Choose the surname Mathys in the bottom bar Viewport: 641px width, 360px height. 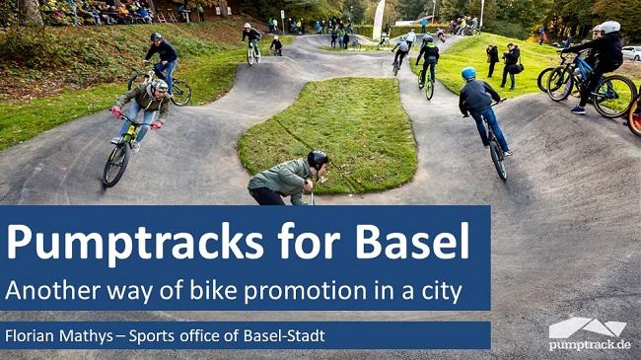(x=98, y=336)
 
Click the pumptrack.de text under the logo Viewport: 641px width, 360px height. (x=590, y=345)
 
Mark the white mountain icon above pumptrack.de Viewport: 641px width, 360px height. (x=588, y=327)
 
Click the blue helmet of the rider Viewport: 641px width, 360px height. (x=468, y=74)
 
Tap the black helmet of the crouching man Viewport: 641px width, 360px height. (x=317, y=158)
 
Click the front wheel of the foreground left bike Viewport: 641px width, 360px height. (x=115, y=164)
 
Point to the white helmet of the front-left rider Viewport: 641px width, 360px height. (x=159, y=86)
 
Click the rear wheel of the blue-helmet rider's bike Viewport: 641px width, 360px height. (x=497, y=158)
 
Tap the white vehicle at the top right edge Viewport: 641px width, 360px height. (x=631, y=52)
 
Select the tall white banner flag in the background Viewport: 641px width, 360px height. (x=378, y=19)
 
